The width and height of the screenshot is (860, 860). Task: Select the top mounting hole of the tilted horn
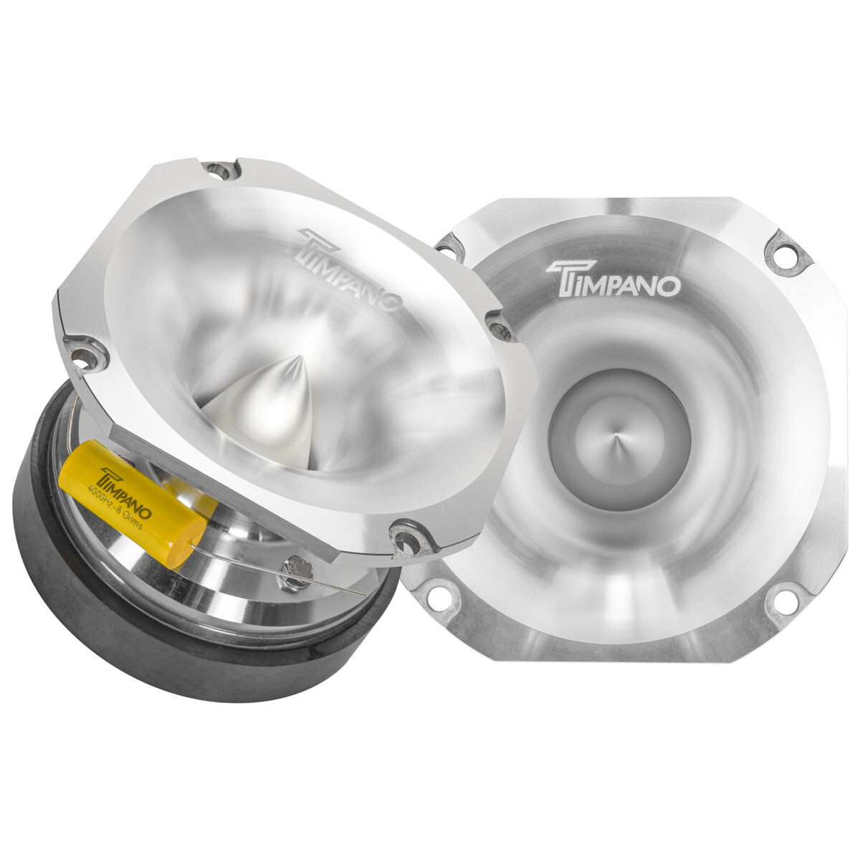tap(217, 170)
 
